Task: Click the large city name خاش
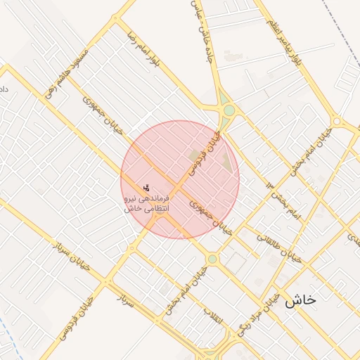[300, 300]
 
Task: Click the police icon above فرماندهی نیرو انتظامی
[146, 188]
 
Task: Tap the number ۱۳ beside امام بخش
[270, 184]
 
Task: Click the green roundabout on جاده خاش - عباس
[229, 110]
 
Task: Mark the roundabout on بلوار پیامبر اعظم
[336, 122]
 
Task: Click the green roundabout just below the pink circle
[212, 259]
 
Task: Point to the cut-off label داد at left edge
[4, 89]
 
